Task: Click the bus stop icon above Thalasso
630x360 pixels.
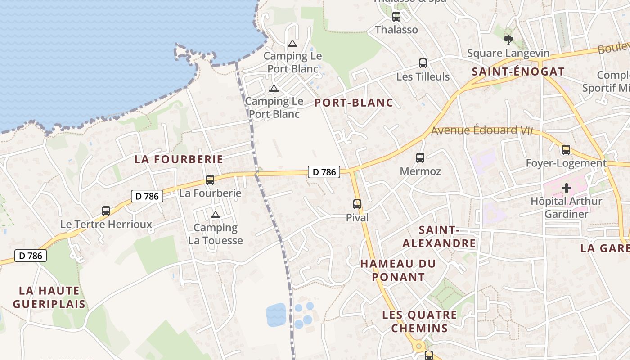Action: (x=396, y=17)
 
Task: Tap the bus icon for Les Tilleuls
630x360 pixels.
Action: (x=423, y=63)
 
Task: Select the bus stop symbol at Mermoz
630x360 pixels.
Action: (x=420, y=158)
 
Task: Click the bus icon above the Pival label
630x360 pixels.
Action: (x=357, y=204)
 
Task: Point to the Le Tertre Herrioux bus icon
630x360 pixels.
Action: (x=106, y=211)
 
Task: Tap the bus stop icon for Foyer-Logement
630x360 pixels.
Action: (x=566, y=150)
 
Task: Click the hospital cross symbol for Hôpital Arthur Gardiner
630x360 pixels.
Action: (x=566, y=188)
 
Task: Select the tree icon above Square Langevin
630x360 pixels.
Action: (x=508, y=40)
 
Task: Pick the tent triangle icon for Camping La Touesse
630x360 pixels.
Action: (x=215, y=215)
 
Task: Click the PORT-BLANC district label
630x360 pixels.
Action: (x=354, y=103)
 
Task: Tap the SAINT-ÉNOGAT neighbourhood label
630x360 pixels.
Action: (x=518, y=72)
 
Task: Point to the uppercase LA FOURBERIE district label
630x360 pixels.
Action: (x=179, y=159)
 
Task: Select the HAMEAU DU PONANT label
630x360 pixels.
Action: (x=398, y=270)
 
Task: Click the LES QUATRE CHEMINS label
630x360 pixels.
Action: (x=419, y=321)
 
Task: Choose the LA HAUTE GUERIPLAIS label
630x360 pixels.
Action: (x=49, y=297)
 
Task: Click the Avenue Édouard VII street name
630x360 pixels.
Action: (x=481, y=130)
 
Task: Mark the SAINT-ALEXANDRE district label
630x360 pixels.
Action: (x=439, y=237)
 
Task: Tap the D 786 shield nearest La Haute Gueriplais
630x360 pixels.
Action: (x=31, y=256)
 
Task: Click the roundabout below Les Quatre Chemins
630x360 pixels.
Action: (x=418, y=346)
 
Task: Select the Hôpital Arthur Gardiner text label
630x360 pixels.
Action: (x=566, y=207)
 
